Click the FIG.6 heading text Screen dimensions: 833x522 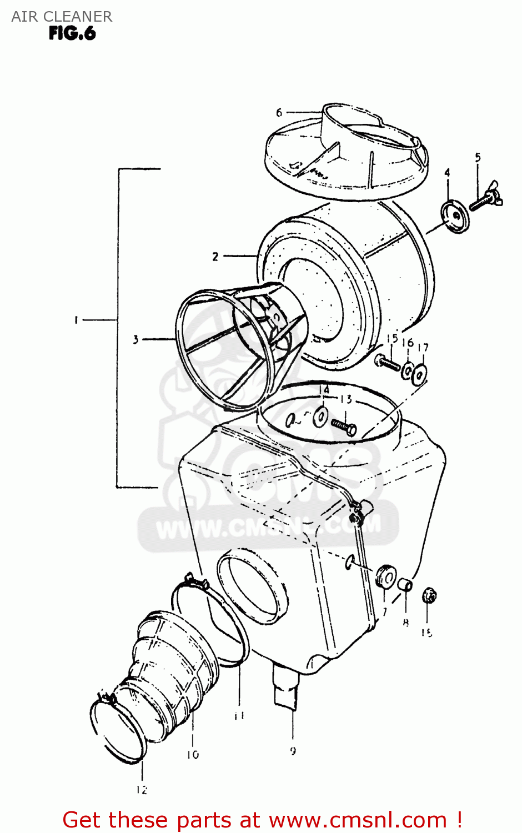pos(72,34)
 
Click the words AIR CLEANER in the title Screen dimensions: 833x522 pos(62,17)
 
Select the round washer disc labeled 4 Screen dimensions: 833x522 pos(455,216)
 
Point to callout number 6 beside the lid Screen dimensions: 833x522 pos(279,113)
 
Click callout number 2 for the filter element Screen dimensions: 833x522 pos(215,257)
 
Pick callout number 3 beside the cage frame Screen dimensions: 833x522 pos(135,339)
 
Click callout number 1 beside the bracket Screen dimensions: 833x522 pos(76,320)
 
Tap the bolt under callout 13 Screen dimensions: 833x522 pos(344,426)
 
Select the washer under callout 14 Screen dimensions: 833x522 pos(320,416)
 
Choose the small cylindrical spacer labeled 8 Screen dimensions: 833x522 pos(405,584)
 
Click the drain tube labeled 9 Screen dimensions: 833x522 pos(287,689)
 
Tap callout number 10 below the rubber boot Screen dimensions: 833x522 pos(193,754)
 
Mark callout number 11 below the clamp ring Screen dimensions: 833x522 pos(239,715)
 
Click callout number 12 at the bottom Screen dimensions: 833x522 pos(142,789)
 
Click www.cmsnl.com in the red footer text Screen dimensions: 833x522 pos(358,820)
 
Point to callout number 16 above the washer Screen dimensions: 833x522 pos(408,343)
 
